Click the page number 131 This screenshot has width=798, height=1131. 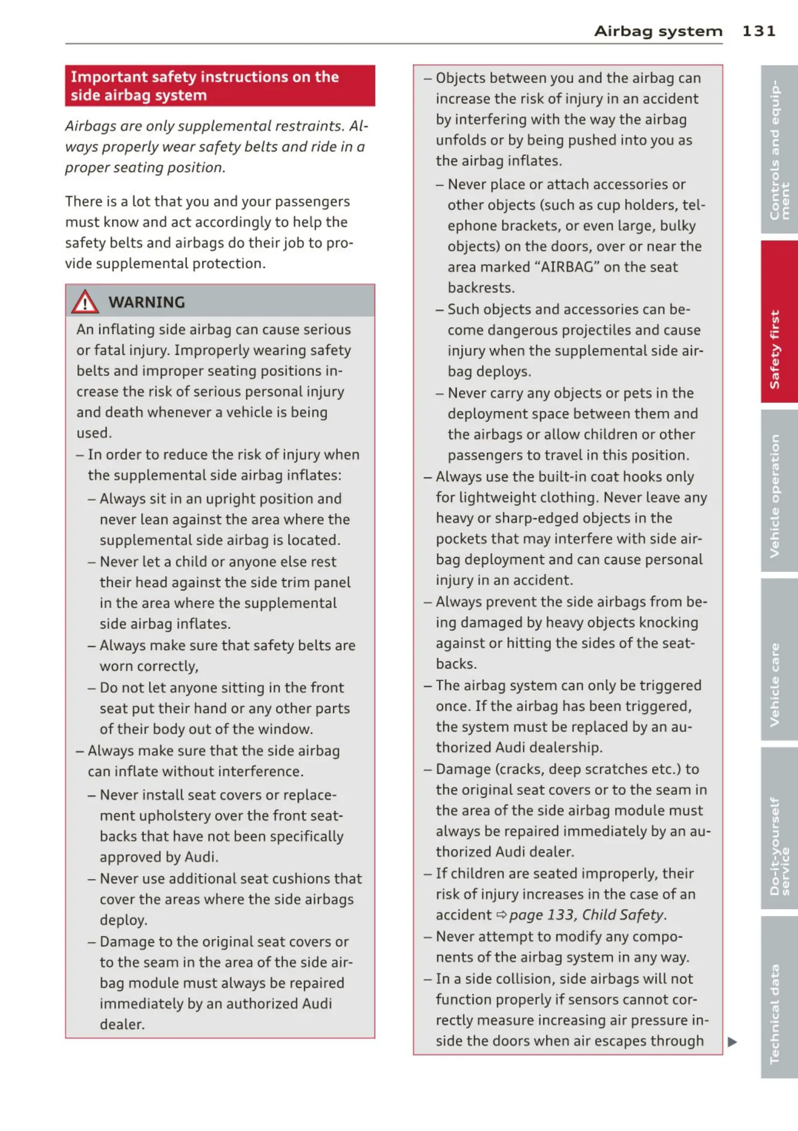point(759,31)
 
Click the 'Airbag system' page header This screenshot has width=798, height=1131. point(658,31)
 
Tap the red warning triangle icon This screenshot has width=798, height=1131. point(85,302)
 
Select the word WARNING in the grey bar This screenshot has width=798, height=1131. point(147,302)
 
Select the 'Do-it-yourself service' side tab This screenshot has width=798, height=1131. point(779,846)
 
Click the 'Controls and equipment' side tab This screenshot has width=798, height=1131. point(779,150)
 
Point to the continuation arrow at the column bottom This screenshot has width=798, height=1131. point(732,1041)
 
